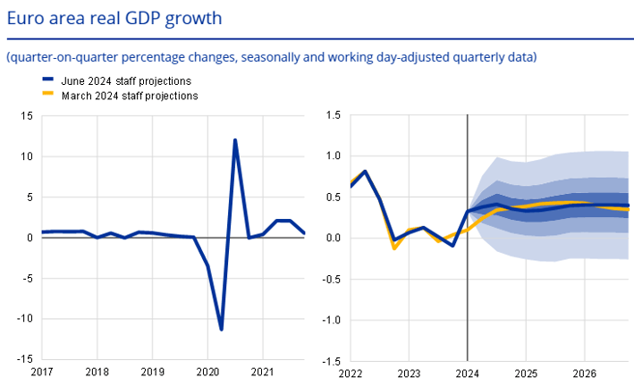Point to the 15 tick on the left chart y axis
28,116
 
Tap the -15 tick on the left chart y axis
25,359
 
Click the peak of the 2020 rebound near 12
235,140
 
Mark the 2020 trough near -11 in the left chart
221,329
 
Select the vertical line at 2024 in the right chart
468,268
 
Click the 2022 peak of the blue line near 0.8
366,171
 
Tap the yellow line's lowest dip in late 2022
394,248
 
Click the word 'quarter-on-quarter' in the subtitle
55,58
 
